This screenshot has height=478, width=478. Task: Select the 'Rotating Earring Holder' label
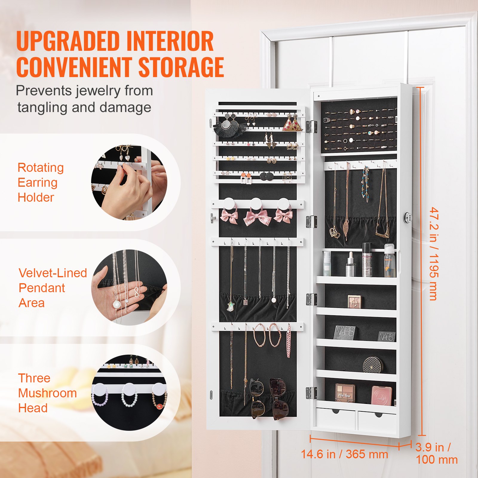40,182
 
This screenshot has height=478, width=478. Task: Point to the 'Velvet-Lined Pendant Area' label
53,288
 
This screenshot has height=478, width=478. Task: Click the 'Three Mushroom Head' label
47,393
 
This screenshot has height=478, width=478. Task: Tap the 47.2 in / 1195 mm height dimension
433,254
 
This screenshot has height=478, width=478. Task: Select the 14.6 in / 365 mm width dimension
344,454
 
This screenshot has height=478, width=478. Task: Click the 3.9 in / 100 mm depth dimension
436,454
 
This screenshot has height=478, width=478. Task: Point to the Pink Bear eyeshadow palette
344,393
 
